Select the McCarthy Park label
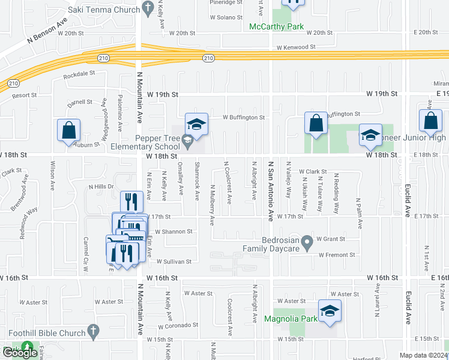coord(277,26)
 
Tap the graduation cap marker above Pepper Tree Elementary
coord(196,124)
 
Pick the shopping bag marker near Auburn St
coord(69,131)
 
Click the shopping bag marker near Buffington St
coord(316,124)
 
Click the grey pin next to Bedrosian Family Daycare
coord(307,242)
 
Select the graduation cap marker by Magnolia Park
coord(330,311)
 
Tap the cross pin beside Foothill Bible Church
coord(92,329)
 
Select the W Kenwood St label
coord(296,47)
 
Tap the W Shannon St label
coord(173,231)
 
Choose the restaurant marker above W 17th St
coord(131,202)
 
